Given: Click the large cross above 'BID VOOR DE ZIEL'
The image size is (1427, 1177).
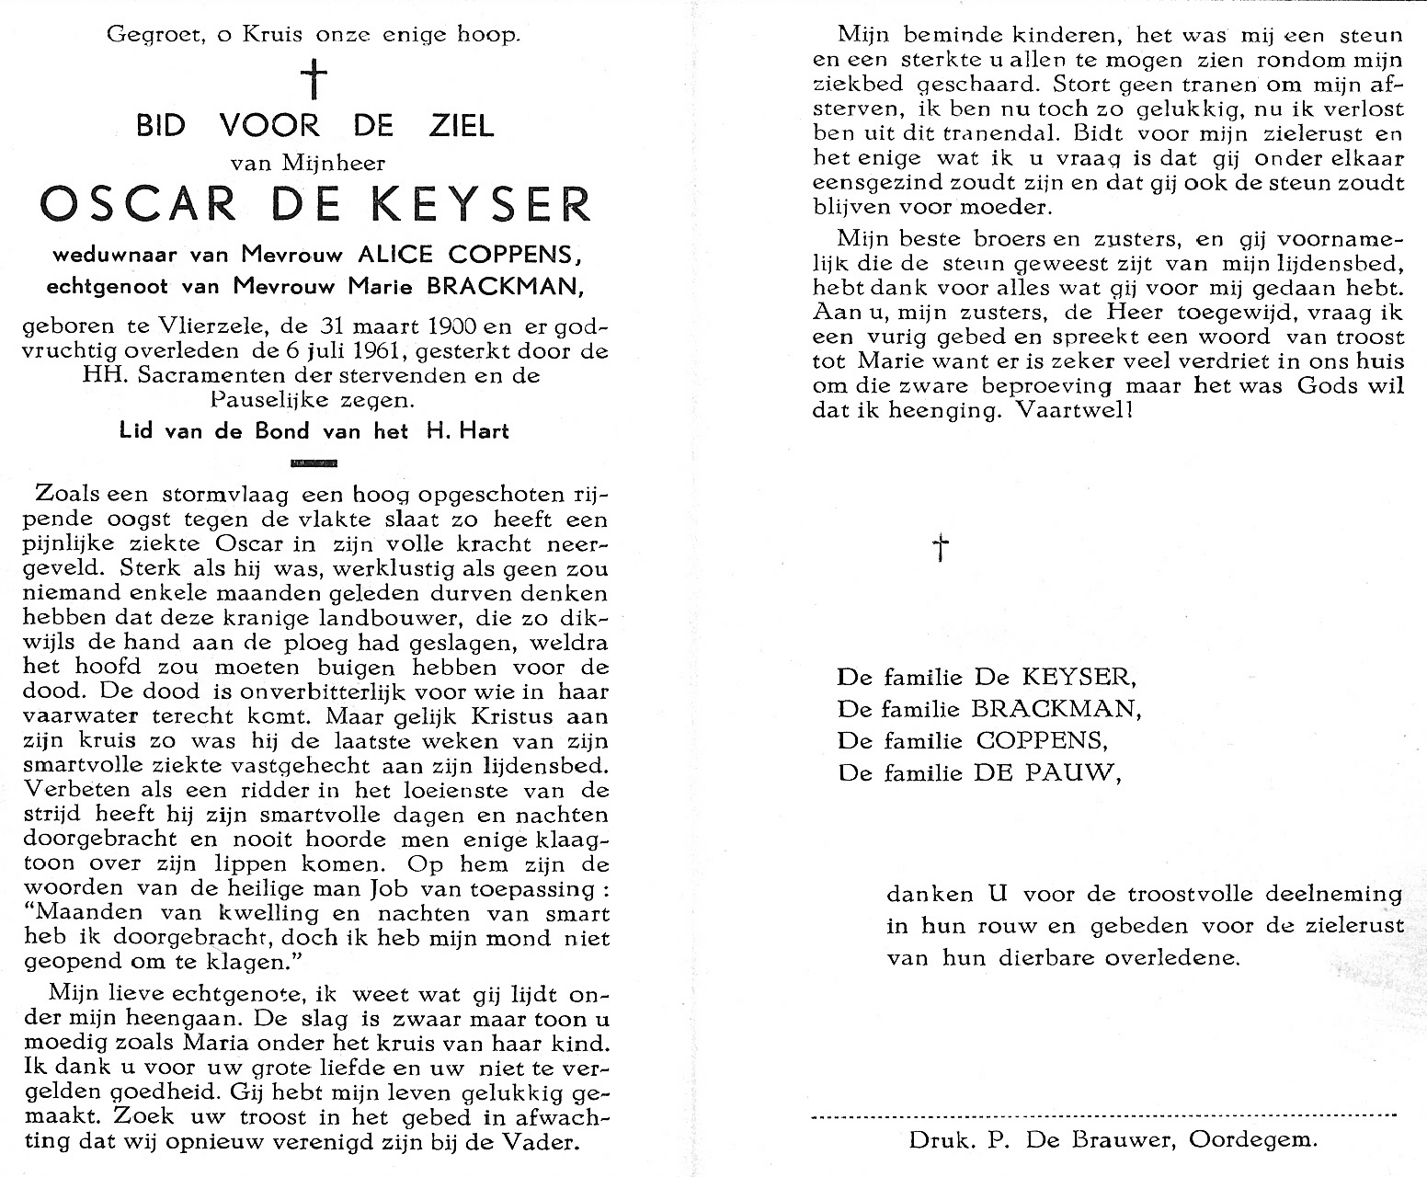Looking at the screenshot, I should click(315, 79).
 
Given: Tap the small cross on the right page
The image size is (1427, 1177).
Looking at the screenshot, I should click(940, 548).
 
